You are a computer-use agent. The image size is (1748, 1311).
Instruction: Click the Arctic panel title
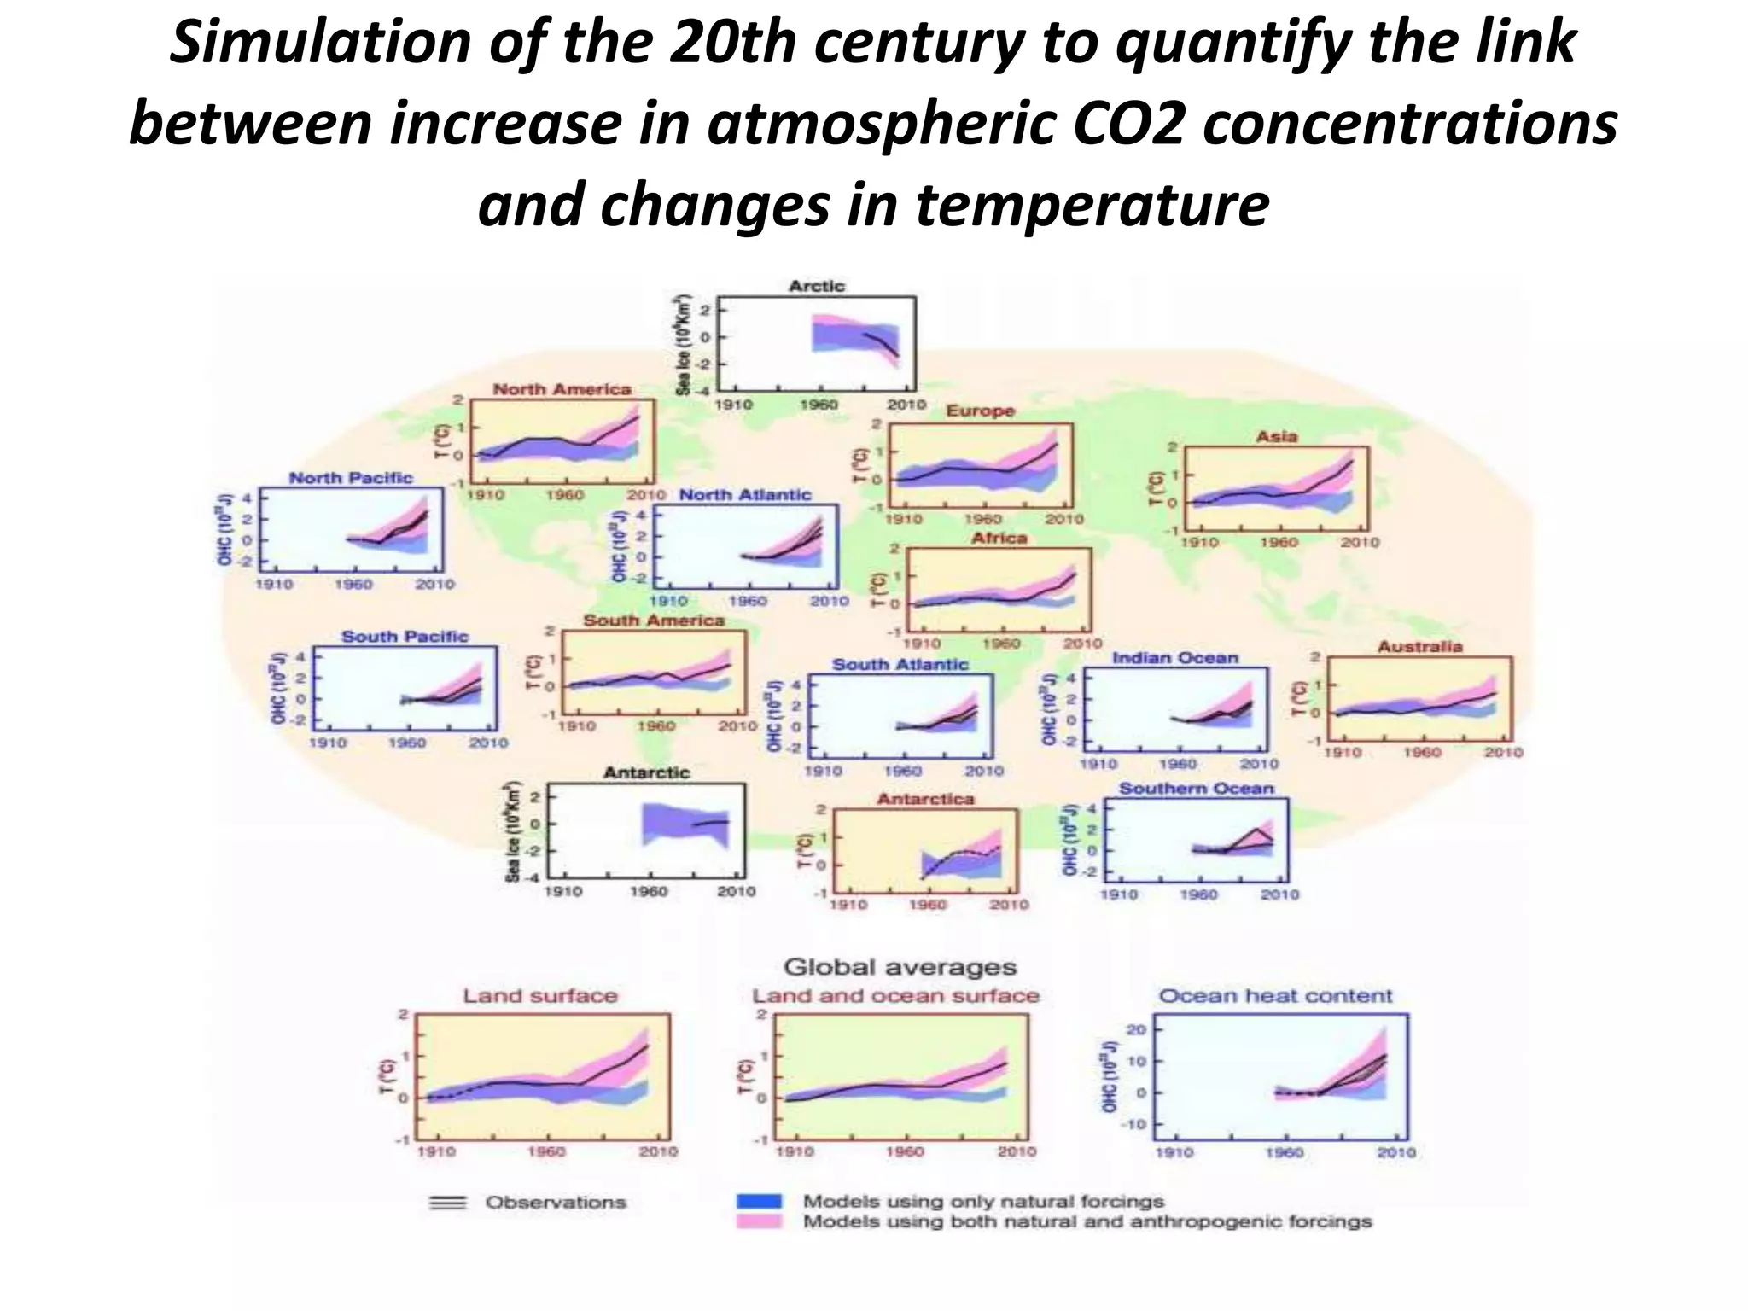coord(816,286)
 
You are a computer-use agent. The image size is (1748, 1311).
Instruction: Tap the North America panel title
coord(562,389)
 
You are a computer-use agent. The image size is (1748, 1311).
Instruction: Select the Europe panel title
coord(980,411)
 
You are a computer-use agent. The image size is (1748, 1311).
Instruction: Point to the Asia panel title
coord(1276,436)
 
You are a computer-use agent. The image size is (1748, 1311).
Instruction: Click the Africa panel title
coord(999,538)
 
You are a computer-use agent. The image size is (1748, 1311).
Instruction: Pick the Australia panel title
coord(1419,646)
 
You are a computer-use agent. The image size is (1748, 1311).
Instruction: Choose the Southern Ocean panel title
coord(1196,788)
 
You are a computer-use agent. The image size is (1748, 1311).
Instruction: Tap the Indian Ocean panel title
coord(1174,657)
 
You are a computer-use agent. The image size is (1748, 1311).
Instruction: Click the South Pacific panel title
coord(405,636)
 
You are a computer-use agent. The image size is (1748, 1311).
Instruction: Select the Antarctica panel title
coord(925,799)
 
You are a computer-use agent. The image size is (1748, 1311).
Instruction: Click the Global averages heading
coord(900,967)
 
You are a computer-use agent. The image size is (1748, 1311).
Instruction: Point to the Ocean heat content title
coord(1275,995)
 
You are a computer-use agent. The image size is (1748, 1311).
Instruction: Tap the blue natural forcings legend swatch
coord(759,1201)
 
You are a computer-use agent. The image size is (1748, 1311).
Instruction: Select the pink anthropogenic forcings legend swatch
coord(759,1221)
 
